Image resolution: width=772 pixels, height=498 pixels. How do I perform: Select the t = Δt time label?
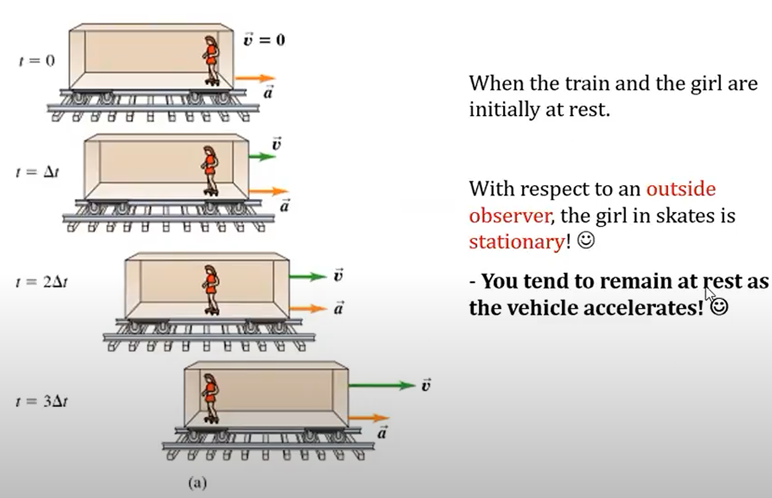pyautogui.click(x=36, y=173)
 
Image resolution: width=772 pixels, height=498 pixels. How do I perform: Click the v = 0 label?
pyautogui.click(x=264, y=41)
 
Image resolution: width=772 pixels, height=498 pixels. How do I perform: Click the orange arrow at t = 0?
pyautogui.click(x=254, y=78)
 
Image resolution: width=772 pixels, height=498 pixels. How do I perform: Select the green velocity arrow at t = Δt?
pyautogui.click(x=262, y=157)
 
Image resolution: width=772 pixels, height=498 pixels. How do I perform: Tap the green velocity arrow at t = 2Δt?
pyautogui.click(x=307, y=277)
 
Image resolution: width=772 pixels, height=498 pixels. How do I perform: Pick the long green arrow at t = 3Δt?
pyautogui.click(x=381, y=385)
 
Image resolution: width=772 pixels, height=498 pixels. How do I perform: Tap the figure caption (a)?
pyautogui.click(x=197, y=484)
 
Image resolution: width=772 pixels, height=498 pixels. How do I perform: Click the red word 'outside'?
pyautogui.click(x=681, y=189)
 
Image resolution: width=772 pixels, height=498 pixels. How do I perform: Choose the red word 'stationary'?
pyautogui.click(x=516, y=242)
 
